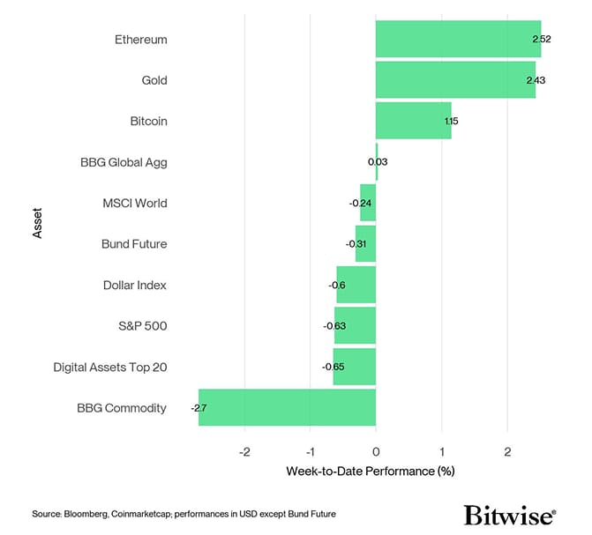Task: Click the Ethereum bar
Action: (x=458, y=40)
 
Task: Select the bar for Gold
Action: (x=455, y=80)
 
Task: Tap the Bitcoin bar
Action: (x=413, y=121)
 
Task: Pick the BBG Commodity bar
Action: (x=288, y=408)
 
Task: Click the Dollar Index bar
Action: (x=356, y=285)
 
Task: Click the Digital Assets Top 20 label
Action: (x=110, y=367)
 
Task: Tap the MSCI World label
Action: (x=135, y=203)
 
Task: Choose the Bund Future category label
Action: (x=134, y=244)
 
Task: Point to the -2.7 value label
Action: (x=199, y=408)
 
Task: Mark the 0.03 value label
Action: (x=378, y=162)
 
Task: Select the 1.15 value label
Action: (x=452, y=121)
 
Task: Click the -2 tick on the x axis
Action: (x=244, y=452)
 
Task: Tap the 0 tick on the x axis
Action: (x=376, y=452)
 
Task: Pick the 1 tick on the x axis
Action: (x=442, y=452)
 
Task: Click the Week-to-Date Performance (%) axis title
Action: (x=370, y=472)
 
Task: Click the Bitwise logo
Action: (x=509, y=515)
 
